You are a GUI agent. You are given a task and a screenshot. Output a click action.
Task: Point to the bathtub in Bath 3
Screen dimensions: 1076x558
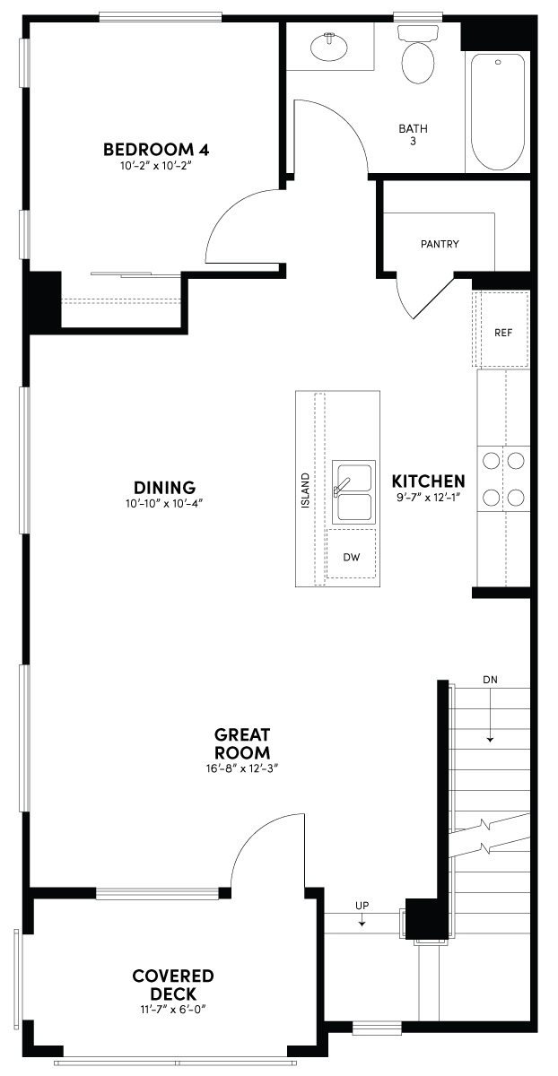tap(498, 111)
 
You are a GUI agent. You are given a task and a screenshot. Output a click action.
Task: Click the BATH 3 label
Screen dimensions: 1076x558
tap(414, 134)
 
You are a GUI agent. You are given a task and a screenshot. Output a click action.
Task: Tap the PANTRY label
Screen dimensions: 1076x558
tap(440, 244)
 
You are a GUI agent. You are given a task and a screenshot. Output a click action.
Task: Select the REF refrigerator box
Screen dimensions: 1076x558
tap(502, 332)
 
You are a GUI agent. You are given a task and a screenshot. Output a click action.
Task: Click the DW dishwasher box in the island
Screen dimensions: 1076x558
tap(352, 557)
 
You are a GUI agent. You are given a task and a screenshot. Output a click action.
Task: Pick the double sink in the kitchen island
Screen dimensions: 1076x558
tap(353, 493)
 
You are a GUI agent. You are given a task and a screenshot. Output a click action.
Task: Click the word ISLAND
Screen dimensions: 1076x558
tap(306, 490)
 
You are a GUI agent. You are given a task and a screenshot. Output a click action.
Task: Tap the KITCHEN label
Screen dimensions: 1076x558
tap(428, 482)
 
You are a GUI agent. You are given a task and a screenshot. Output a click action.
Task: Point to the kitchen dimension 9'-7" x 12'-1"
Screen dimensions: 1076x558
tap(428, 498)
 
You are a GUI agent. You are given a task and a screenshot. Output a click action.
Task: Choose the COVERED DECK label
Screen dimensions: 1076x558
tap(173, 985)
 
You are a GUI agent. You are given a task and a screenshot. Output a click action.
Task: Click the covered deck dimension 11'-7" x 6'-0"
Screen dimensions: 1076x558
tap(173, 1011)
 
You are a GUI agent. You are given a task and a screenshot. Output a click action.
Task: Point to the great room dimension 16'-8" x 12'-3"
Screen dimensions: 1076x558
tap(241, 768)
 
